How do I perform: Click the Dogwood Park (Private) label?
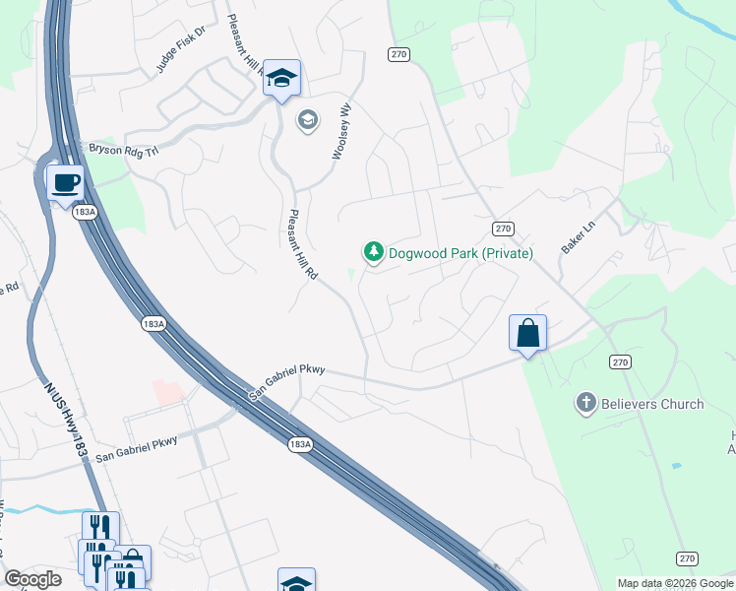click(x=460, y=253)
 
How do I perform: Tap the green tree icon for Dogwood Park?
click(x=373, y=253)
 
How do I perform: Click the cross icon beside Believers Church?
click(x=585, y=403)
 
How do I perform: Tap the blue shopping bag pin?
click(x=528, y=333)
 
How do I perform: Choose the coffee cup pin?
click(x=65, y=182)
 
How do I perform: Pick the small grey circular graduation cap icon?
click(x=307, y=120)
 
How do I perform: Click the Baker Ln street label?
click(x=580, y=237)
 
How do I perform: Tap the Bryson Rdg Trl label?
click(x=124, y=149)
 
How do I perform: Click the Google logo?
click(x=32, y=579)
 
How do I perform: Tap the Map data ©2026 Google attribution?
click(x=674, y=583)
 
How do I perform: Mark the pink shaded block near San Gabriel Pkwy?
click(x=168, y=391)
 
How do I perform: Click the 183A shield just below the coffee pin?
click(x=86, y=212)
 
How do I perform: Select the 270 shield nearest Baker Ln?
click(x=504, y=229)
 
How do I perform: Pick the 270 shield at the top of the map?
click(x=398, y=54)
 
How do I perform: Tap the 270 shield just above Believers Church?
click(x=620, y=362)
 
